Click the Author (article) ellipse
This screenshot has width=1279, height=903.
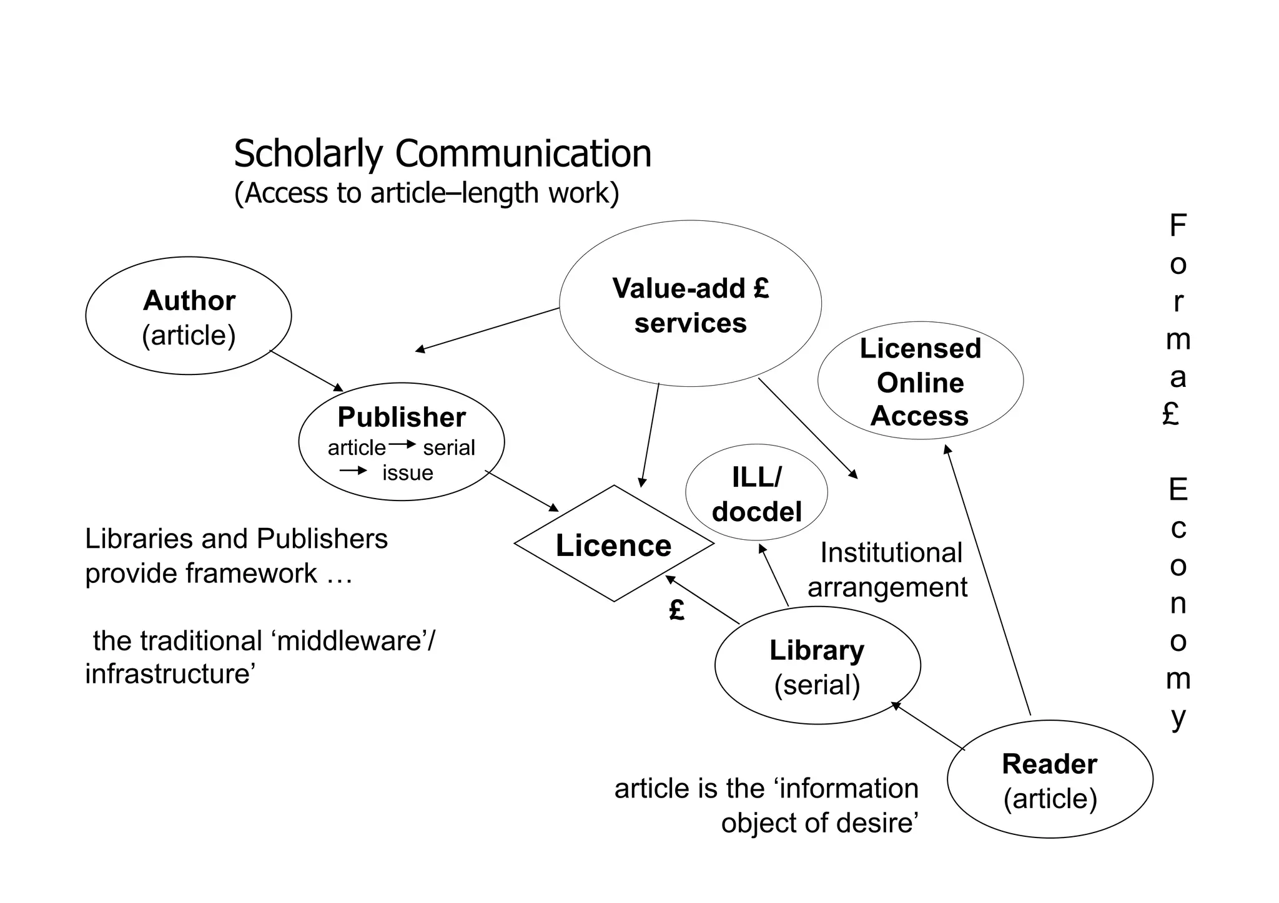[x=188, y=316]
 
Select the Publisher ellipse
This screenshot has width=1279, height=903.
[x=402, y=441]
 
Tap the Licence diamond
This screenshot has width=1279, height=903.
[x=613, y=544]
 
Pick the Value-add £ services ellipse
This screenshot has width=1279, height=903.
[x=690, y=304]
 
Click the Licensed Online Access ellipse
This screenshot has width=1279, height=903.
[x=920, y=381]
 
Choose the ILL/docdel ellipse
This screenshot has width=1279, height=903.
[x=756, y=494]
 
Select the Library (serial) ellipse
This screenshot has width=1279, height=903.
[x=817, y=665]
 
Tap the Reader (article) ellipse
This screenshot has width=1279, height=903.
[x=1050, y=779]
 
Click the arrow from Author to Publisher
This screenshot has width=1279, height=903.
[x=307, y=371]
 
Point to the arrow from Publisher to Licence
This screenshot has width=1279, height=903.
[x=522, y=492]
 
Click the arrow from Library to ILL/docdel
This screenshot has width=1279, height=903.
[x=774, y=575]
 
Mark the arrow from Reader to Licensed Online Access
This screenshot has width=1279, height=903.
[x=988, y=580]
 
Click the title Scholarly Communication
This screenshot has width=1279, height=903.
[x=442, y=154]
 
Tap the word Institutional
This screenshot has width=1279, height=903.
[x=891, y=553]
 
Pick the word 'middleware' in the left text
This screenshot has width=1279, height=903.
[x=350, y=641]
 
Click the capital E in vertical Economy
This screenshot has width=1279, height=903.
[x=1178, y=490]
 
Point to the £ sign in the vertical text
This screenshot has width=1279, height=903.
[x=1171, y=413]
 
